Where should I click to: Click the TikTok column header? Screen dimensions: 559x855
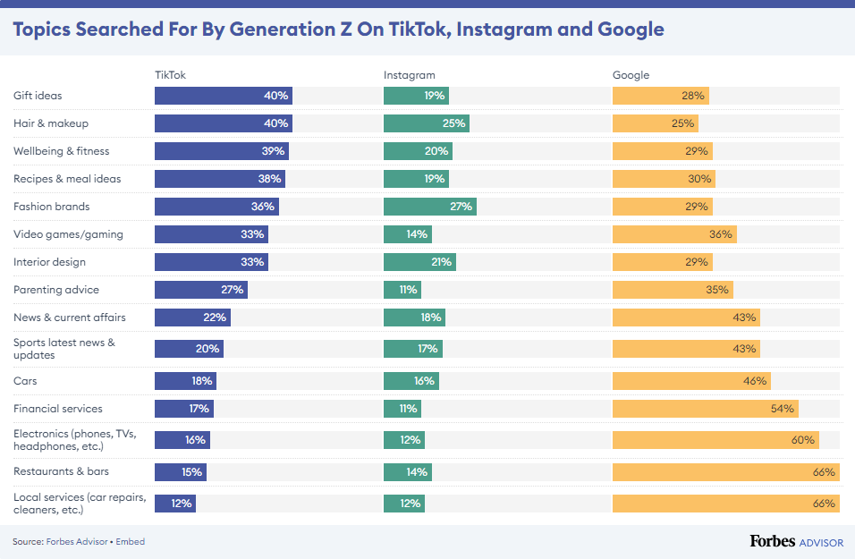pos(170,75)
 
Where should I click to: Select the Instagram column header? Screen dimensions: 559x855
pos(409,75)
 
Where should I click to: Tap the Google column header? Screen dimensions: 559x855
pos(631,75)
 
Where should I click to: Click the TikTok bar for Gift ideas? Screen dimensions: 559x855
pos(223,96)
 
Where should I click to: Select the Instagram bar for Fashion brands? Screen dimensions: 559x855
pos(429,207)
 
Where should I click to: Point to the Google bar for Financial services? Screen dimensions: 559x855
pos(705,409)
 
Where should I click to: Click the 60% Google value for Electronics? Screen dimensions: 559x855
pos(802,440)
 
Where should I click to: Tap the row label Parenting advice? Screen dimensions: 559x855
pos(56,290)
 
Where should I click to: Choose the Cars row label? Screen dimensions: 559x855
pos(25,381)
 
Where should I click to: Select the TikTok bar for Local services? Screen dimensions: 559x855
pos(174,504)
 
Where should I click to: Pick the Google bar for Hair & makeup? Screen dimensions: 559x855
pos(655,123)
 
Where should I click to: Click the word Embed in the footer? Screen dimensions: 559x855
pos(131,541)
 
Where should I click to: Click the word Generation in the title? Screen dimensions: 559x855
pos(284,30)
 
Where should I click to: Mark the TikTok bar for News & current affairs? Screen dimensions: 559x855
pos(192,318)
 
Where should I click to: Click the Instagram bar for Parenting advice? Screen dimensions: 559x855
pos(402,290)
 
